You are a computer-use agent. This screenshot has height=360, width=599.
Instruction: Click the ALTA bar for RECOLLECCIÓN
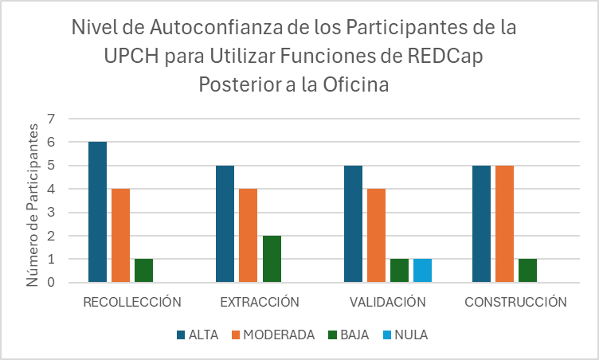coord(97,212)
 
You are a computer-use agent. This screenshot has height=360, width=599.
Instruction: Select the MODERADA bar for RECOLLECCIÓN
coord(120,235)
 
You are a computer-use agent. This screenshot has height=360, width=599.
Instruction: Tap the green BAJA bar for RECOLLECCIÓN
coord(143,270)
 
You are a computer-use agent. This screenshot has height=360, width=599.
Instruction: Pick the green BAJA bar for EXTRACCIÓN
coord(272,259)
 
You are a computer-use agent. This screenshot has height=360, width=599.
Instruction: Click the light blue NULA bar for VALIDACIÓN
coord(422,270)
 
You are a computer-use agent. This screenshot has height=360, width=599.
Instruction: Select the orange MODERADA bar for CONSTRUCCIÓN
coord(504,224)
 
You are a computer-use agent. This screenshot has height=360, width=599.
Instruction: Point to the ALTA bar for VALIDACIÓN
coord(353,224)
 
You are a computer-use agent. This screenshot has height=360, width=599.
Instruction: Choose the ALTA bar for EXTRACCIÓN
coord(225,224)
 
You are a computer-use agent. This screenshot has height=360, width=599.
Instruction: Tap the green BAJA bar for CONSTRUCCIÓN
coord(527,270)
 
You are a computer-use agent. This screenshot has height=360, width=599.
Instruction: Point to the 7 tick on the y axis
coord(52,119)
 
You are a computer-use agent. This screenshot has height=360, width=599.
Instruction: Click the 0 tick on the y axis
coord(52,282)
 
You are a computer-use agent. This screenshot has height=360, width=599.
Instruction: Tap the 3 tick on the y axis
coord(52,213)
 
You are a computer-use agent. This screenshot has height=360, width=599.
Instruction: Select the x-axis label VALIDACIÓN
coord(387,302)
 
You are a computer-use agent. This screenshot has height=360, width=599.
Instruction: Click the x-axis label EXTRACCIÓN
coord(260,302)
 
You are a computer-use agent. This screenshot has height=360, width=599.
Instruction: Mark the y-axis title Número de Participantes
coord(33,209)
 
